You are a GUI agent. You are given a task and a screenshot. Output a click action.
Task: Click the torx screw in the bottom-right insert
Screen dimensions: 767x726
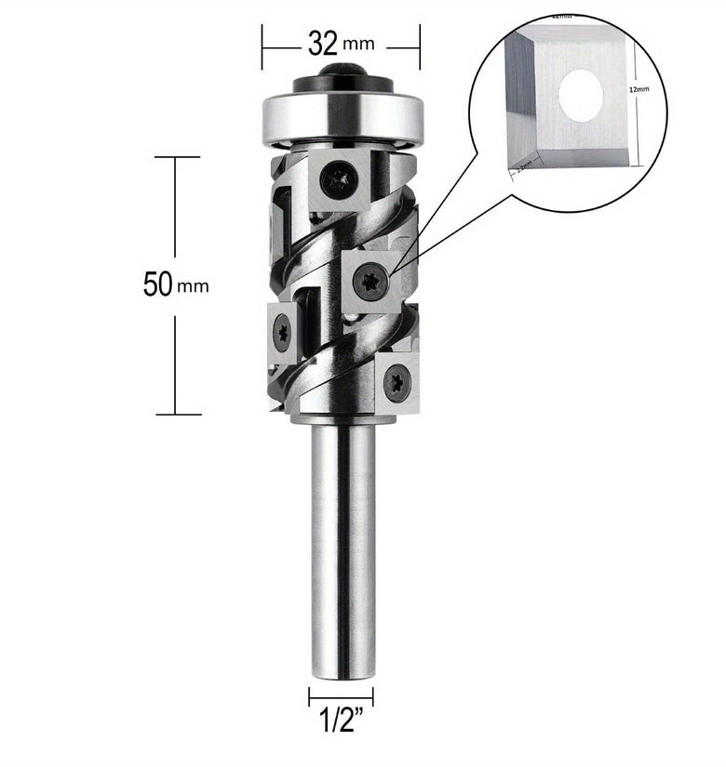(397, 378)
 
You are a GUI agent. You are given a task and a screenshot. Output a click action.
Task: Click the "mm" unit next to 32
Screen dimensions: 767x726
(358, 45)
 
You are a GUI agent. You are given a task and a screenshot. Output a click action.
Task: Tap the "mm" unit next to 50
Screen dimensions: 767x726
(195, 286)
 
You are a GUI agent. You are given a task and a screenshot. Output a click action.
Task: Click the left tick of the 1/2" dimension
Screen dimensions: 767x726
(310, 695)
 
